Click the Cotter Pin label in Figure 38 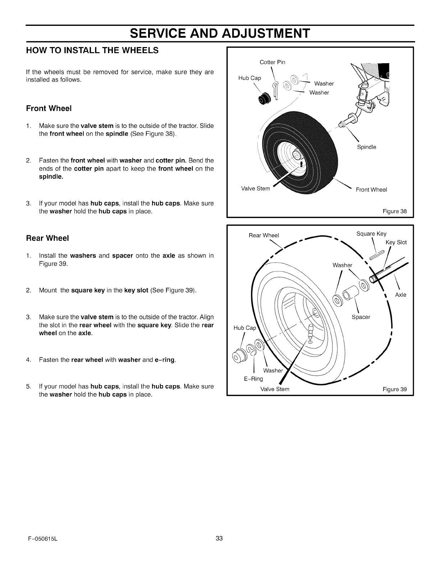[x=272, y=62]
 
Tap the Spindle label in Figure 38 [x=366, y=147]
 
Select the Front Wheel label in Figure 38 [x=371, y=190]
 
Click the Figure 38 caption [x=394, y=211]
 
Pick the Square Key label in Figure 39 [x=371, y=234]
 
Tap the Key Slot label [x=396, y=242]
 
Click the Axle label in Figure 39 [x=400, y=295]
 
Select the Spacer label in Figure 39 [x=361, y=317]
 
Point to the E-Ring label [x=254, y=379]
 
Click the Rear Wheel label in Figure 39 [x=263, y=236]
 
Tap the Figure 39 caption [x=394, y=389]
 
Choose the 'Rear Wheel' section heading [x=47, y=238]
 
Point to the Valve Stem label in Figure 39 [x=275, y=389]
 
